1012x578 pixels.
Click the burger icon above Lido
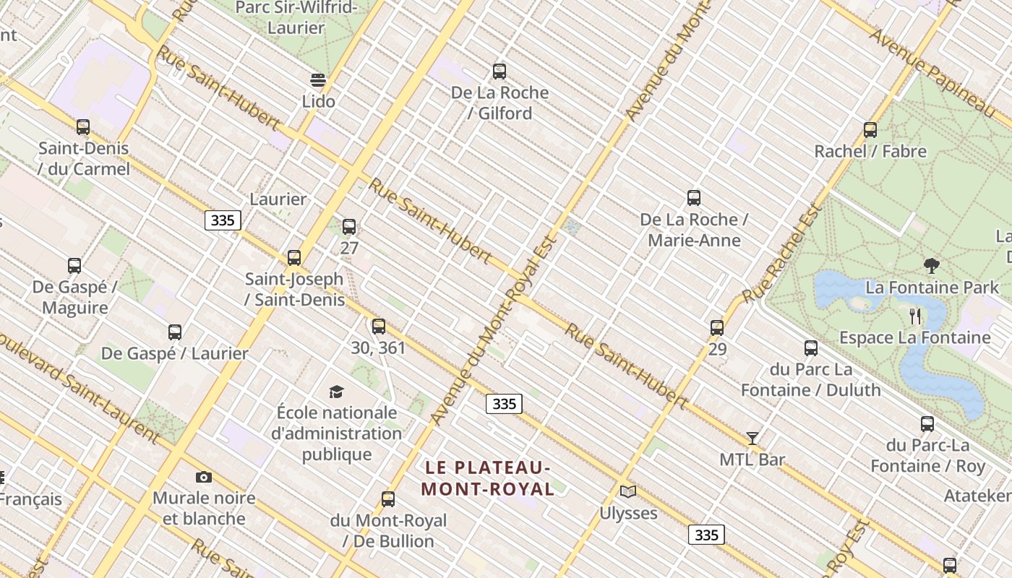click(318, 79)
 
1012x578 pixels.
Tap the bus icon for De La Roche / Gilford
click(499, 72)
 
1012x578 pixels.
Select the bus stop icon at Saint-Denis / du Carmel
click(83, 127)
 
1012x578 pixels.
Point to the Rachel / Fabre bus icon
click(870, 130)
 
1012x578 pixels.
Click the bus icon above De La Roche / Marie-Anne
click(694, 198)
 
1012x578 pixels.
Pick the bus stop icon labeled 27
click(349, 227)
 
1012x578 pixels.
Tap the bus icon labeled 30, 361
click(379, 327)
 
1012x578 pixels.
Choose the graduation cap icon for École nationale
click(336, 392)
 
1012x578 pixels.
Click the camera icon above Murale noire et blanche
click(204, 477)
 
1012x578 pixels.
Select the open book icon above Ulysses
click(628, 492)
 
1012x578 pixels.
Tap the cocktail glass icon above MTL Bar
click(752, 438)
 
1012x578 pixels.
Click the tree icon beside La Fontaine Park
click(932, 266)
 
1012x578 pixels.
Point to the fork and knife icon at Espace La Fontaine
click(915, 316)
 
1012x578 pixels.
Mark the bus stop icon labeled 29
click(717, 328)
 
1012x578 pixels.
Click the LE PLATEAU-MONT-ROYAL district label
click(488, 478)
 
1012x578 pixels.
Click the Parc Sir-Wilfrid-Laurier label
click(296, 18)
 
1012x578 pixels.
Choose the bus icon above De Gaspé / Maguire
click(74, 266)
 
